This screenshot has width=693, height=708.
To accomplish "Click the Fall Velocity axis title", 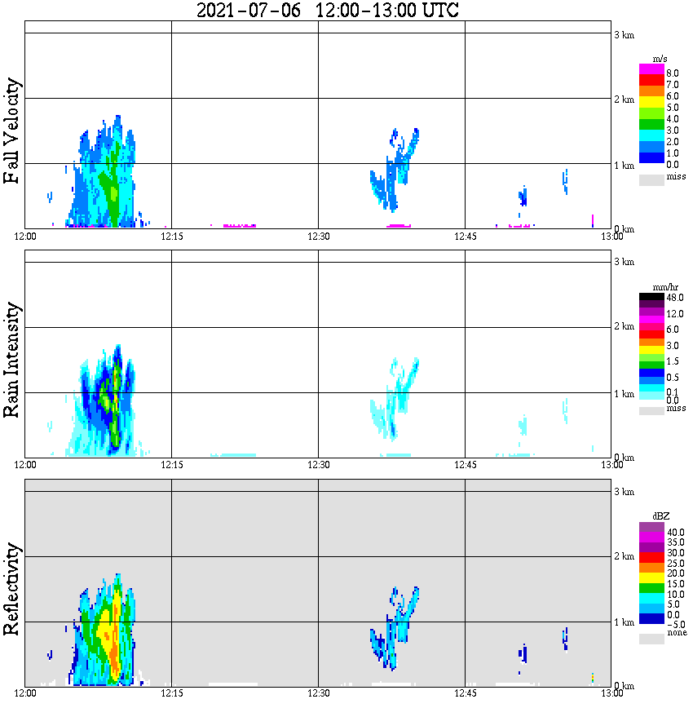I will (x=12, y=131).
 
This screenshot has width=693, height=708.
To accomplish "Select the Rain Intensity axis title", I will (x=12, y=360).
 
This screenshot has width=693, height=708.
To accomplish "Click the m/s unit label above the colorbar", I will (x=651, y=60).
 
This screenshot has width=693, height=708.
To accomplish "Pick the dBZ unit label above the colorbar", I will (x=652, y=516).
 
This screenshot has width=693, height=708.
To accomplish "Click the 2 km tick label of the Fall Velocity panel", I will (x=624, y=100).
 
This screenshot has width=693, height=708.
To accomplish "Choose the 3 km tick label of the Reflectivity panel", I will (x=624, y=492).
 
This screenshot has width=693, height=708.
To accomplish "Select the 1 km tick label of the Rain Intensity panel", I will (x=624, y=394).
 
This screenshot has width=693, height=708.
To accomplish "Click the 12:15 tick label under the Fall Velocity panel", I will (x=172, y=237).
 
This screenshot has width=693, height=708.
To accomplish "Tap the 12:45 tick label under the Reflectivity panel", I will (x=465, y=694).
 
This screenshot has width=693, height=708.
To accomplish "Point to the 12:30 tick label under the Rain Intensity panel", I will (x=318, y=465).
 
